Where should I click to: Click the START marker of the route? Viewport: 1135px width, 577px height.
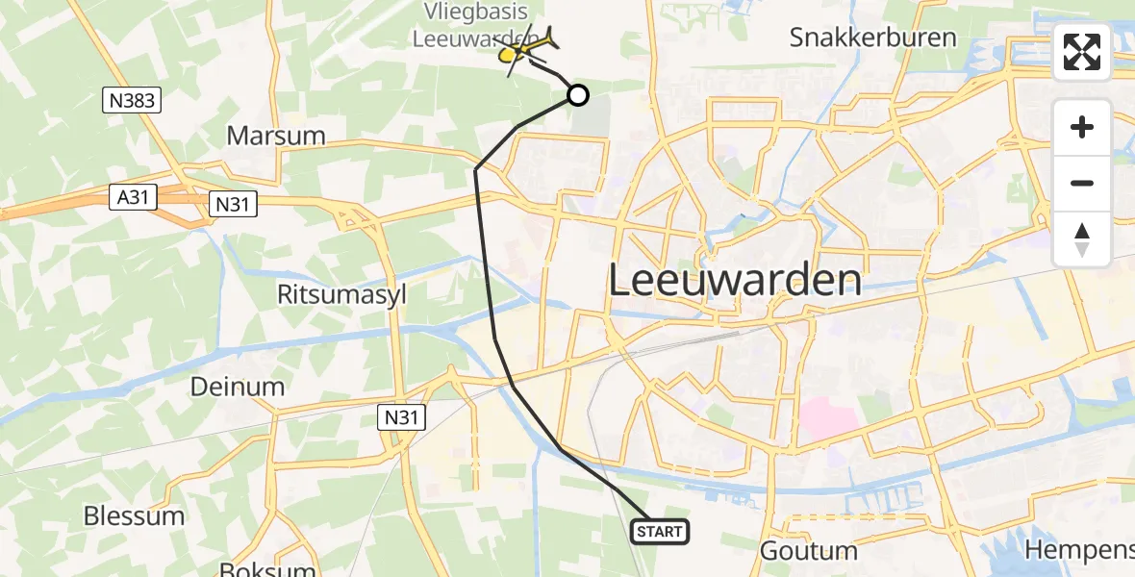(660, 532)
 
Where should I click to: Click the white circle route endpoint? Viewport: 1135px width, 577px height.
(577, 94)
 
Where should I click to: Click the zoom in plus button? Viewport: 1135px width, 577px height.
(1082, 127)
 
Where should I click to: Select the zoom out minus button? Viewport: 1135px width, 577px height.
(1082, 183)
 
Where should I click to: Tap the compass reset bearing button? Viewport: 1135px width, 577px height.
(1082, 238)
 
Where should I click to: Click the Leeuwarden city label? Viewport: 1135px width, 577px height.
(735, 280)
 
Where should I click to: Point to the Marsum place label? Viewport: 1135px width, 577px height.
(276, 136)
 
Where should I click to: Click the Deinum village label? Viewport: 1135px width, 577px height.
(237, 388)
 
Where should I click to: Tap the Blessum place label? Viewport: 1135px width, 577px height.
(134, 515)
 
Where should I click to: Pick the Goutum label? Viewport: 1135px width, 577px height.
(808, 551)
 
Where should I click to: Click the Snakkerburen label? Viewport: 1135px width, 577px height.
(872, 38)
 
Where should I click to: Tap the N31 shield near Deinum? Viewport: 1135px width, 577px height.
(400, 415)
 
